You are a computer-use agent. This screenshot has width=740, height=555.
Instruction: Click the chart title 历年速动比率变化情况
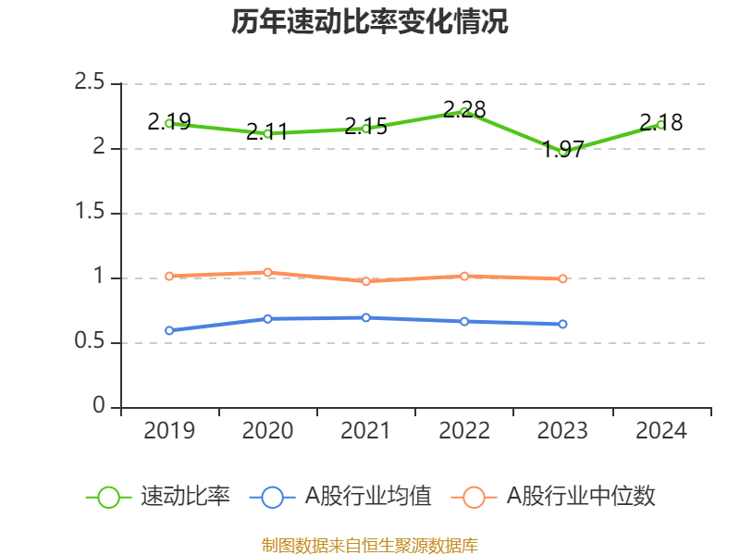pos(369,21)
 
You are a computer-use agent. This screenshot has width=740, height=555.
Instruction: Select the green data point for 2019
pos(169,124)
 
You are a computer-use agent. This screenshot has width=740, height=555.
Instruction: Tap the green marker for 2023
pos(562,152)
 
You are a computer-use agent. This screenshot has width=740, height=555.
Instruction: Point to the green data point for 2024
pos(660,125)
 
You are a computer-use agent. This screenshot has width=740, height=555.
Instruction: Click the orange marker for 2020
pos(267,272)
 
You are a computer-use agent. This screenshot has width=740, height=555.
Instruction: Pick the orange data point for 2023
pos(562,279)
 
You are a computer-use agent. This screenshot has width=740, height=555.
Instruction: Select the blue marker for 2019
pos(169,331)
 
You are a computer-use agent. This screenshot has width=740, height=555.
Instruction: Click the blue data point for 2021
pos(365,317)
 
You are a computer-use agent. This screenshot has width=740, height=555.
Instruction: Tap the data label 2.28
pos(464,109)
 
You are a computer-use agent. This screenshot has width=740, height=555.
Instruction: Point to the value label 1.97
pos(563,150)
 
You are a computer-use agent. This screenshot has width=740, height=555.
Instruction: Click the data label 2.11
pos(267,131)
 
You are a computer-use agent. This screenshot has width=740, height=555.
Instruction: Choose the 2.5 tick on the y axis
pos(89,81)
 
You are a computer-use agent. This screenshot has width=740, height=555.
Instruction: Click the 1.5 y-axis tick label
pos(89,211)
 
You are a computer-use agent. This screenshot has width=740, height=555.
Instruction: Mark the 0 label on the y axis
pos(99,405)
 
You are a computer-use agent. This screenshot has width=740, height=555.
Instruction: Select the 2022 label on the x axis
pos(464,430)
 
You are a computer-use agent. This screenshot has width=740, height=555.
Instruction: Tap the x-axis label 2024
pos(661,430)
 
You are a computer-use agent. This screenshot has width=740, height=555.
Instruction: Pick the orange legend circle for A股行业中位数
pos(474,498)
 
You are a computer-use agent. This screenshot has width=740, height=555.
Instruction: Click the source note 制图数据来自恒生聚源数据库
pos(369,546)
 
